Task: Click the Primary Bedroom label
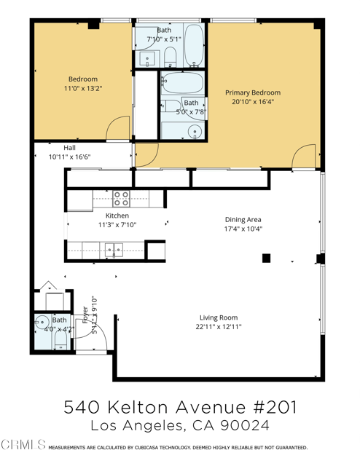tap(253, 92)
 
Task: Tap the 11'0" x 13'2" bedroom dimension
tap(83, 89)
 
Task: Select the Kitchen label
tap(117, 216)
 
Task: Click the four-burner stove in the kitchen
tap(122, 199)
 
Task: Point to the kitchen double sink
tap(114, 250)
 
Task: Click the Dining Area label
tap(243, 220)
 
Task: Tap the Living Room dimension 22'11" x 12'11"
tap(219, 327)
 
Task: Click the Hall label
tap(70, 148)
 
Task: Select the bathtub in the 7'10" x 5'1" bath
tap(194, 45)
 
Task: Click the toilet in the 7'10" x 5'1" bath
tap(171, 58)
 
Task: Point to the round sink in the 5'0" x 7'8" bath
tap(195, 131)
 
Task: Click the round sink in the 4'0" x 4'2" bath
tap(42, 322)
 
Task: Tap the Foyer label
tap(85, 315)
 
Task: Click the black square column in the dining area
tap(266, 258)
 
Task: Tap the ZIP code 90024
tap(245, 425)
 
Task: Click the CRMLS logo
tap(23, 445)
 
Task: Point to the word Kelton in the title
tap(138, 407)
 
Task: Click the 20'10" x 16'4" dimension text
tap(253, 102)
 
